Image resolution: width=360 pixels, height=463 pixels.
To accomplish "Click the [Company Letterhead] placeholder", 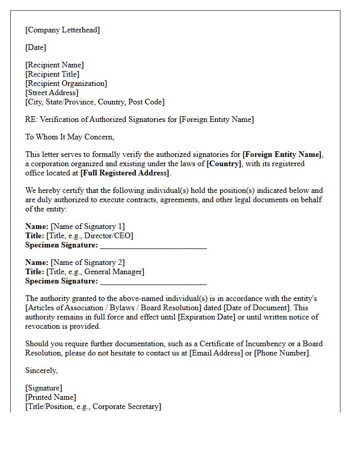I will coord(62,30).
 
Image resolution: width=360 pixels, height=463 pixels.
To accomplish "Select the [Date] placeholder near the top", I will coord(35,47).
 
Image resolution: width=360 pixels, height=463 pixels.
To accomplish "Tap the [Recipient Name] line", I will coord(55,65).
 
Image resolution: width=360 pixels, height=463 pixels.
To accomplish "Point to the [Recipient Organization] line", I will coord(66,83).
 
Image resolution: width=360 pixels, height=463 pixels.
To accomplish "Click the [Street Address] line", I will coord(51,93).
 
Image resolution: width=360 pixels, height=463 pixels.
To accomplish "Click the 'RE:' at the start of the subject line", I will coord(31,119).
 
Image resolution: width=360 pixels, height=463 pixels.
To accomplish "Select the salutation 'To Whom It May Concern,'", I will coord(69,137).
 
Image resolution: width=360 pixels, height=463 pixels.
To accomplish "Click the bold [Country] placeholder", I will coord(224,164).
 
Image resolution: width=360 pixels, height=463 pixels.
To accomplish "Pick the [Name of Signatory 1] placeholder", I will coord(87,226).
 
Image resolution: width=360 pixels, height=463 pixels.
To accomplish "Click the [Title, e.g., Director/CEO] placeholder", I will coord(89,236).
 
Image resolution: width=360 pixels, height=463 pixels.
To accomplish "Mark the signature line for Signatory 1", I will coord(153,246).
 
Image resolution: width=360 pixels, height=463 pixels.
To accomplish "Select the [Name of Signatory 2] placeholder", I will coord(87,262).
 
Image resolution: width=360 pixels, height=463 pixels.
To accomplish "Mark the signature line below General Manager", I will coord(153,282).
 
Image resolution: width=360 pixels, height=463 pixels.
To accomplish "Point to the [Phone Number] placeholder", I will coord(282,353).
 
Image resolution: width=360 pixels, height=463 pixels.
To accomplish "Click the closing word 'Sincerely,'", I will coord(41,370).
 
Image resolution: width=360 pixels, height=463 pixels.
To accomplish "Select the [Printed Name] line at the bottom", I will coord(50,397).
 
